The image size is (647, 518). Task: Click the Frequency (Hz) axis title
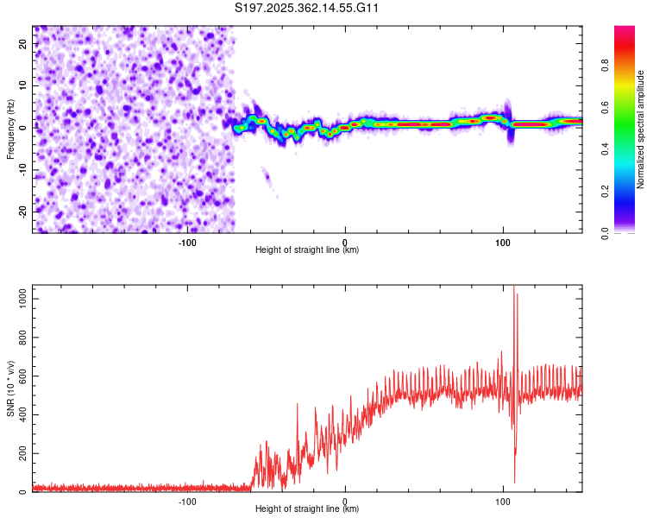(x=10, y=129)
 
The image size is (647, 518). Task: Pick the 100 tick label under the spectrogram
(x=503, y=243)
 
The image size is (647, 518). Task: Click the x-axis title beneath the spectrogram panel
(x=307, y=250)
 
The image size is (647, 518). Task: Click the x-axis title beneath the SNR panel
(x=307, y=509)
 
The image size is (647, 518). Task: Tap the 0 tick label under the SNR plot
(x=345, y=502)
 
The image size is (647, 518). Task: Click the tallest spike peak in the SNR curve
(x=514, y=287)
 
